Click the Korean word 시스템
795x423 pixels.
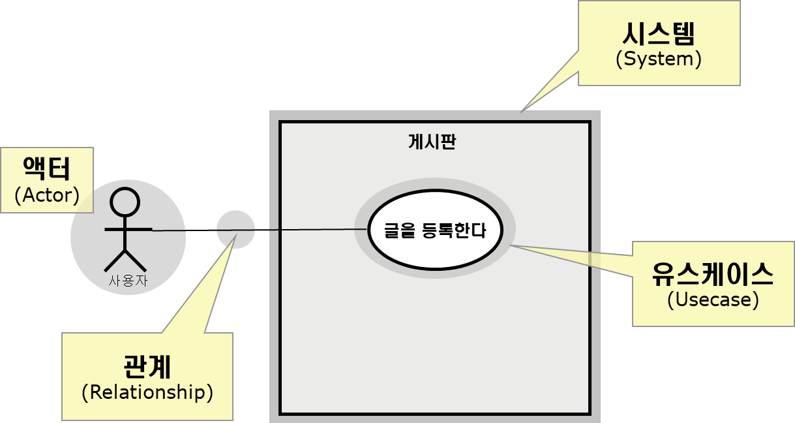click(658, 33)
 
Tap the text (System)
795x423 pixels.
click(658, 59)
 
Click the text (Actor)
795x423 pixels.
click(46, 195)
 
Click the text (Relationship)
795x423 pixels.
click(147, 392)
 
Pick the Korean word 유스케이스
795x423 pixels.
click(713, 274)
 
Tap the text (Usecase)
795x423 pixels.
click(713, 300)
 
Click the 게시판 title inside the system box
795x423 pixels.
click(432, 142)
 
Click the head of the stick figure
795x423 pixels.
click(123, 202)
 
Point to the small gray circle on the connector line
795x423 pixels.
click(235, 230)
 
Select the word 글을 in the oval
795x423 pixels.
click(397, 230)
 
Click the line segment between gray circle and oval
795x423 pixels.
click(307, 230)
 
